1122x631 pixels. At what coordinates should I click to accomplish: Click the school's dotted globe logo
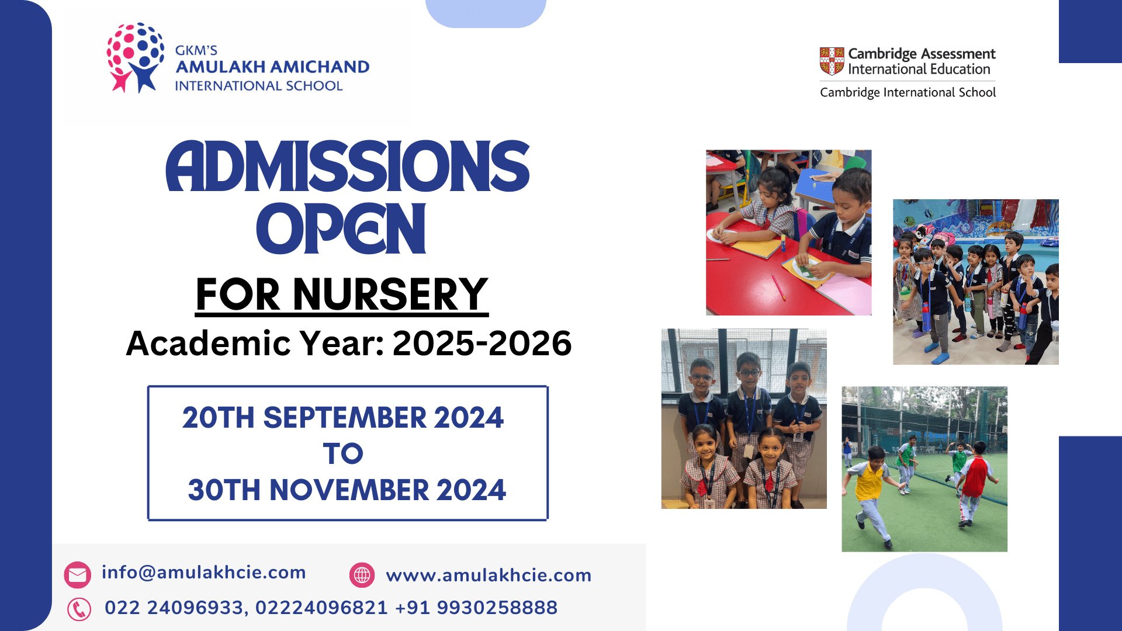pyautogui.click(x=135, y=57)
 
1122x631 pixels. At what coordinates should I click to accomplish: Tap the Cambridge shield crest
pyautogui.click(x=832, y=61)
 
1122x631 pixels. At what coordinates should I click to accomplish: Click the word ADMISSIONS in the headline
pyautogui.click(x=348, y=167)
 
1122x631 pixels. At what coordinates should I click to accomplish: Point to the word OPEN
pyautogui.click(x=341, y=228)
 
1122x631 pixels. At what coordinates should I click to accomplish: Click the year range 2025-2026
pyautogui.click(x=482, y=343)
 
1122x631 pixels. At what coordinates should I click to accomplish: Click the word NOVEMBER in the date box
pyautogui.click(x=349, y=490)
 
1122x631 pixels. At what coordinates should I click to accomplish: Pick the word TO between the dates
pyautogui.click(x=343, y=453)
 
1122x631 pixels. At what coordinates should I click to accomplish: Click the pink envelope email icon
pyautogui.click(x=77, y=575)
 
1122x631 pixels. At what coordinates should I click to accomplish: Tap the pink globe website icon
pyautogui.click(x=362, y=575)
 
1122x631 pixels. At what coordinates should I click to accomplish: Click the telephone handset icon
pyautogui.click(x=79, y=609)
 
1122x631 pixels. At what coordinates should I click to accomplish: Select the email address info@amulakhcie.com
pyautogui.click(x=204, y=573)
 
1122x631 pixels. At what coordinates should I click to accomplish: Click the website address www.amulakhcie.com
pyautogui.click(x=489, y=575)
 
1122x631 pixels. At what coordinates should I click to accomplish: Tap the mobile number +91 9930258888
pyautogui.click(x=476, y=608)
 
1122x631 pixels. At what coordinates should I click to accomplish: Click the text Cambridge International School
pyautogui.click(x=908, y=92)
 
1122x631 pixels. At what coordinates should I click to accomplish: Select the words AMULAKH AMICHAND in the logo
pyautogui.click(x=272, y=67)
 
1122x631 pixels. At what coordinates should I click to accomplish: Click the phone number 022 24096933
pyautogui.click(x=174, y=608)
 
